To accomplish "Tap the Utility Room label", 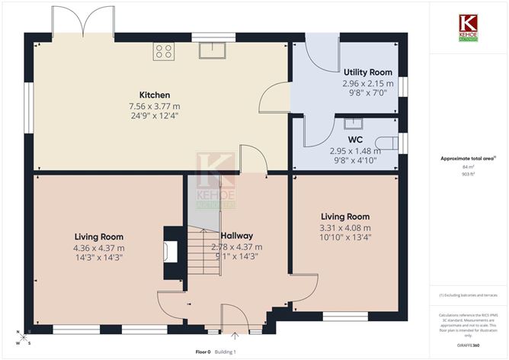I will (367, 70).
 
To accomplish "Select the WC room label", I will (355, 140).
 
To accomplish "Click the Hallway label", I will (237, 236).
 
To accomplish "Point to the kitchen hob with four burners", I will (164, 51).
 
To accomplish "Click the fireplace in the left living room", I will (172, 252).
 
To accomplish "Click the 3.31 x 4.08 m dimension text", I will (345, 227).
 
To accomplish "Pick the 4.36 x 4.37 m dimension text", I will (99, 248).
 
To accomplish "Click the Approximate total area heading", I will (464, 158).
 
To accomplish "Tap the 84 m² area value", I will (467, 166).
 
